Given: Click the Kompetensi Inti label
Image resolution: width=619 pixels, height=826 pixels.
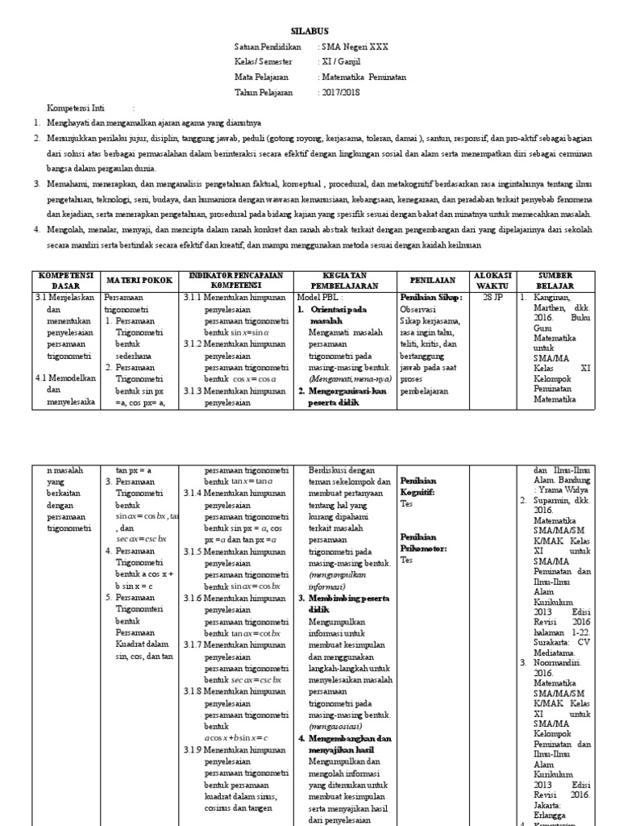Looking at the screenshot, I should tap(81, 107).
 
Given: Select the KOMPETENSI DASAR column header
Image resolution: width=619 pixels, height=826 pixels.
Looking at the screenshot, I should tap(66, 280).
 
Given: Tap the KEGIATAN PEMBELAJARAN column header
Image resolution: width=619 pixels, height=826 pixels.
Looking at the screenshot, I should tap(345, 280).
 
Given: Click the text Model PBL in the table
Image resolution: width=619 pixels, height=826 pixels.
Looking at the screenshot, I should tap(320, 297).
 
